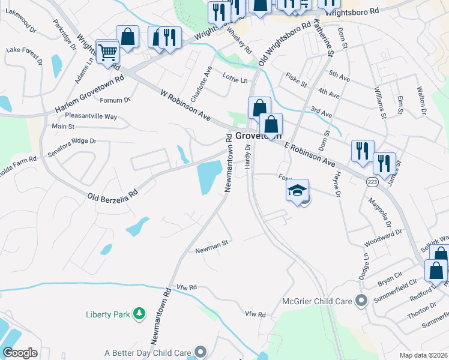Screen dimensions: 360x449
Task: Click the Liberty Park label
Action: click(x=107, y=314)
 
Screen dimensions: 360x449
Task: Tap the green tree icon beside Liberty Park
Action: click(x=139, y=314)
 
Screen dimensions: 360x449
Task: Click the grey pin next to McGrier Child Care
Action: click(x=360, y=301)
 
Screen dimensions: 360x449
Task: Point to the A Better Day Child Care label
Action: click(x=148, y=353)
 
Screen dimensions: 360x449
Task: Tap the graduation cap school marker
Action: click(x=297, y=191)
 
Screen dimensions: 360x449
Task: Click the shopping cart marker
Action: click(x=107, y=52)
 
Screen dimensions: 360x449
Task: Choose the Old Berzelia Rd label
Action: click(x=113, y=196)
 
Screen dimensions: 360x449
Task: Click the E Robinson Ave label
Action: click(x=309, y=154)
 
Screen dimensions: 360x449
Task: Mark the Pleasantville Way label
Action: click(x=91, y=116)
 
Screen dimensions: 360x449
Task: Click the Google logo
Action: click(x=20, y=353)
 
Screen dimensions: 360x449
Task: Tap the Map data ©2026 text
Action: click(x=423, y=355)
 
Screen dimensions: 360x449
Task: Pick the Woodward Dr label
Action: click(x=383, y=238)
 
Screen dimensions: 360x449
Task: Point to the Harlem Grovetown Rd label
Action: click(x=89, y=95)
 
